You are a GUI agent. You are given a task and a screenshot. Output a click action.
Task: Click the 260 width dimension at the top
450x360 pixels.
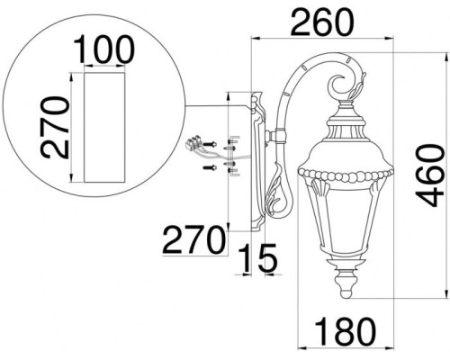click(x=322, y=22)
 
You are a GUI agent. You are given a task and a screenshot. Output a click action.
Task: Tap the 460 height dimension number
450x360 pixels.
click(x=430, y=176)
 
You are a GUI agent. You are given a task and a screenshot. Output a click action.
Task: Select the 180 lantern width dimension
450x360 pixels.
click(x=345, y=332)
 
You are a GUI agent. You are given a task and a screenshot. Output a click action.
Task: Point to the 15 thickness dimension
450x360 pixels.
click(x=258, y=258)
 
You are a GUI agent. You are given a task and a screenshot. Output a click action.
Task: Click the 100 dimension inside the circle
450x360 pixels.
click(x=103, y=49)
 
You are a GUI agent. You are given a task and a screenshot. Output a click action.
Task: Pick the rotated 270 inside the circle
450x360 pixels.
click(x=55, y=127)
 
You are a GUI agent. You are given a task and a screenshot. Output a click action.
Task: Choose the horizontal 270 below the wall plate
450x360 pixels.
click(x=193, y=240)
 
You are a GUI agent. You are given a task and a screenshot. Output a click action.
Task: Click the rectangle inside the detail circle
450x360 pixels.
click(x=104, y=127)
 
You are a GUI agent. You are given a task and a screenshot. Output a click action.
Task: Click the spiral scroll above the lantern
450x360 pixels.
click(x=340, y=87)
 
